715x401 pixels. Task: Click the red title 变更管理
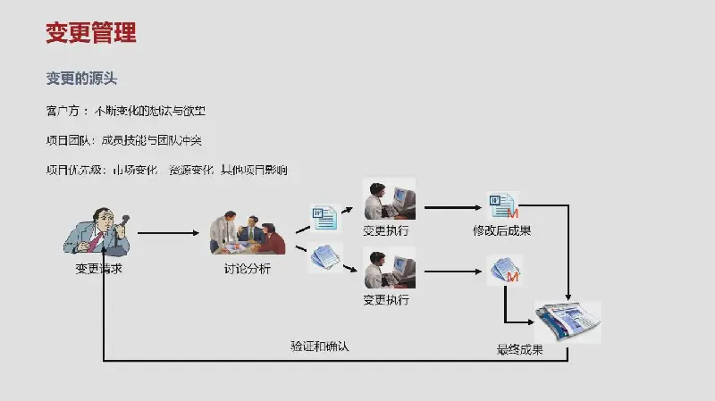(x=91, y=34)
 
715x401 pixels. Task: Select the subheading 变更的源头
(x=81, y=79)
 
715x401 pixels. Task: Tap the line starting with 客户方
(x=130, y=112)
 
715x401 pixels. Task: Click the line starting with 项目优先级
(x=166, y=169)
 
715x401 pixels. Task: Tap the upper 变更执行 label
(x=386, y=230)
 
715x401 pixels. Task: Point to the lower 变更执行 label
(x=386, y=300)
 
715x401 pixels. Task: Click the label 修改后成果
(x=501, y=230)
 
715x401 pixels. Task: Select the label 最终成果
(x=532, y=350)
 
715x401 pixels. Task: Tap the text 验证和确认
(x=319, y=347)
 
